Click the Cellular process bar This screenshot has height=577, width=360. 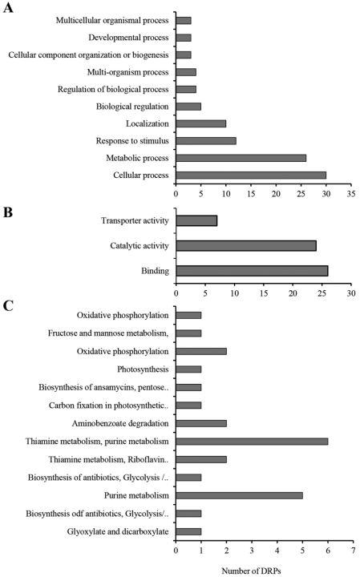click(x=251, y=176)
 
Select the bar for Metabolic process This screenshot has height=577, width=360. click(x=241, y=158)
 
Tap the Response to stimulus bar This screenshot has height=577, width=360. click(x=206, y=141)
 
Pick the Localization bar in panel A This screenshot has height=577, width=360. click(x=201, y=123)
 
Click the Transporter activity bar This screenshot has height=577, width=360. click(x=196, y=221)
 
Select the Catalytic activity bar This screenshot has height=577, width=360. click(x=246, y=246)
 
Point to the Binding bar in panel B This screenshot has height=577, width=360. click(x=252, y=271)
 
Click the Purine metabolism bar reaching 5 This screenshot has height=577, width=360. click(x=239, y=496)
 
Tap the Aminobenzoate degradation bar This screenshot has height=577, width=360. click(x=201, y=424)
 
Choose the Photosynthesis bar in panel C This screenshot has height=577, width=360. click(x=188, y=369)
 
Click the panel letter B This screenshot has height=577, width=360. click(x=8, y=212)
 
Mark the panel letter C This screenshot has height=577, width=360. click(x=8, y=305)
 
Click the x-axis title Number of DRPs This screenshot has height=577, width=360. click(x=251, y=571)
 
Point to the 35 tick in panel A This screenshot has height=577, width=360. click(x=351, y=194)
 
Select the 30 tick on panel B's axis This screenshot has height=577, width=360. click(x=351, y=293)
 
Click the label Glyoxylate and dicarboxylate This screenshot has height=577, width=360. click(x=118, y=532)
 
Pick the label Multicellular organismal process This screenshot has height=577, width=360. click(x=112, y=21)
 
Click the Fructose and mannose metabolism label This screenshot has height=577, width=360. click(x=108, y=333)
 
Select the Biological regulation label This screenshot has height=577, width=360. click(x=132, y=107)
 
